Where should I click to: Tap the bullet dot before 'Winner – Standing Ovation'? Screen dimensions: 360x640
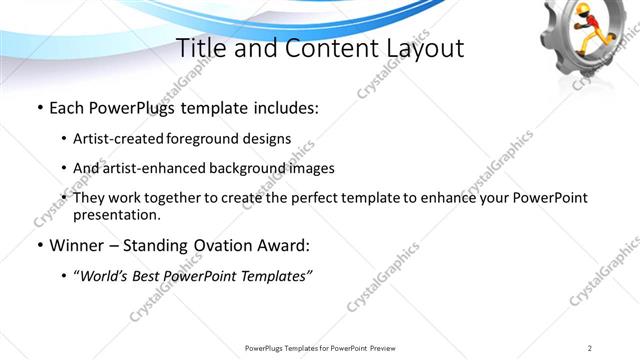39,245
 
